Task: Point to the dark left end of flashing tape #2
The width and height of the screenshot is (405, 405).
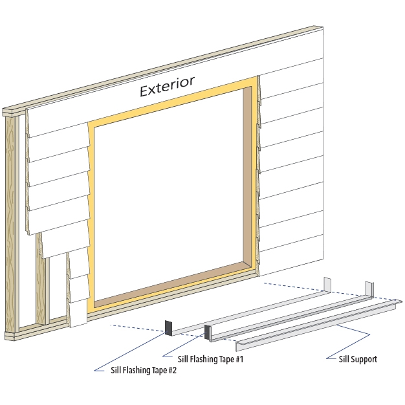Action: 168,328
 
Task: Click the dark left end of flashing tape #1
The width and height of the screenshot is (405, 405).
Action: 208,333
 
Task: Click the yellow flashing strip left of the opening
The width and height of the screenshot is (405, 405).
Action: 91,213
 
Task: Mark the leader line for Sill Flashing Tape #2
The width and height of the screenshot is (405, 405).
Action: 129,353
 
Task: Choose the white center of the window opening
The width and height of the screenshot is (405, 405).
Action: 168,194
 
